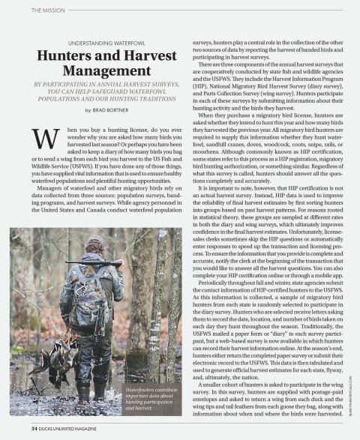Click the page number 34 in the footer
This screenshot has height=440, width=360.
pyautogui.click(x=35, y=428)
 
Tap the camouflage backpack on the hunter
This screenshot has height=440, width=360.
pyautogui.click(x=82, y=296)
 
